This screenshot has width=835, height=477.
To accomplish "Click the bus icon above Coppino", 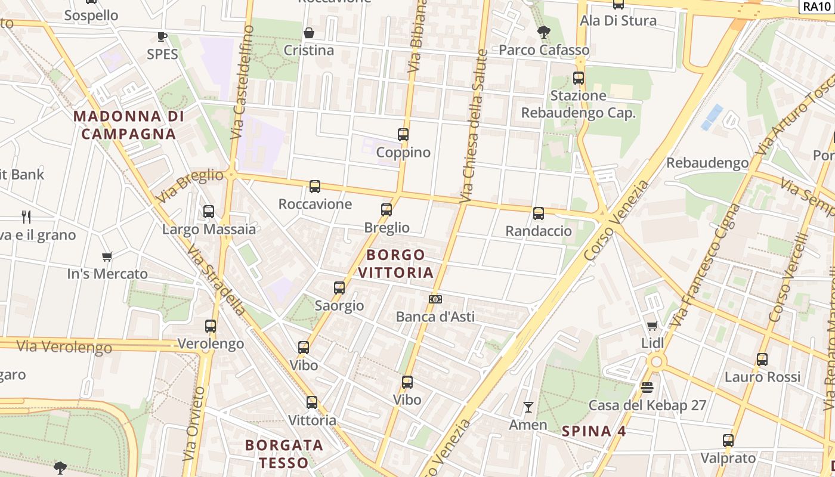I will click(403, 135).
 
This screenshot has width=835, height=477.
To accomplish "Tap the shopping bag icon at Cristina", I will click(309, 33).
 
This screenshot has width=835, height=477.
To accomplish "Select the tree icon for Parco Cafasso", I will click(543, 32).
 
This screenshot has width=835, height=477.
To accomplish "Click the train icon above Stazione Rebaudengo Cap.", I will click(578, 78).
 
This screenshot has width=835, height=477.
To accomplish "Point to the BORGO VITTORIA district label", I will click(396, 264).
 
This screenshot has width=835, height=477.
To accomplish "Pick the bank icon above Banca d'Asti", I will click(435, 299).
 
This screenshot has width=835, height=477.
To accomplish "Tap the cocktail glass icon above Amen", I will click(528, 407).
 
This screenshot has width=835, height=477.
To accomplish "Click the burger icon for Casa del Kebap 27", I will click(647, 388).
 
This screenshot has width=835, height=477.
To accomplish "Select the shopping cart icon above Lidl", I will click(652, 326).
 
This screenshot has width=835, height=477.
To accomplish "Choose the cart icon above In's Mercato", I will click(107, 256).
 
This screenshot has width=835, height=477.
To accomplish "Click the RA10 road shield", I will click(816, 6).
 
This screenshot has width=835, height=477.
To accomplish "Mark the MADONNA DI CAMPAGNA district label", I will click(129, 125).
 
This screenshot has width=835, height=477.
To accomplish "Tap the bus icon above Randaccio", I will click(539, 213).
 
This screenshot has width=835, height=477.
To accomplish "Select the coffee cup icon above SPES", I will click(162, 36).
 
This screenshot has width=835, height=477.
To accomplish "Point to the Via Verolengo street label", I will click(64, 346).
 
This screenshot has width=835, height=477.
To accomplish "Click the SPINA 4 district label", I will click(594, 431).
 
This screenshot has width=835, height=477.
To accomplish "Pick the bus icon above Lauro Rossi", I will click(762, 360).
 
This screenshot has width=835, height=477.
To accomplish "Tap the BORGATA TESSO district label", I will click(284, 454).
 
